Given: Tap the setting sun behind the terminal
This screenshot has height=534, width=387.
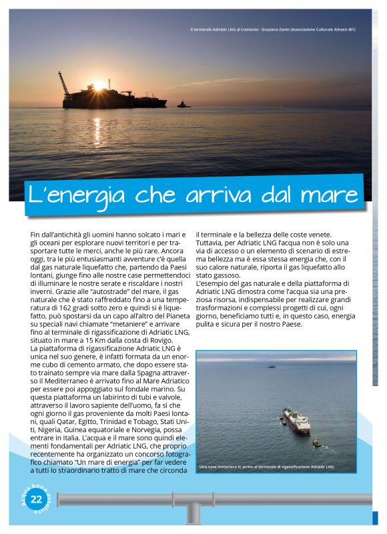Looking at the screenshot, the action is click(x=98, y=86).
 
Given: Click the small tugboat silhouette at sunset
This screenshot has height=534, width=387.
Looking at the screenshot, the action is click(x=183, y=104).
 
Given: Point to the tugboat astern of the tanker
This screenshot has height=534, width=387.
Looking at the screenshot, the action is click(x=316, y=441).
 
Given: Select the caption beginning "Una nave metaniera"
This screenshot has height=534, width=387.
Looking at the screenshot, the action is click(x=266, y=467).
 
